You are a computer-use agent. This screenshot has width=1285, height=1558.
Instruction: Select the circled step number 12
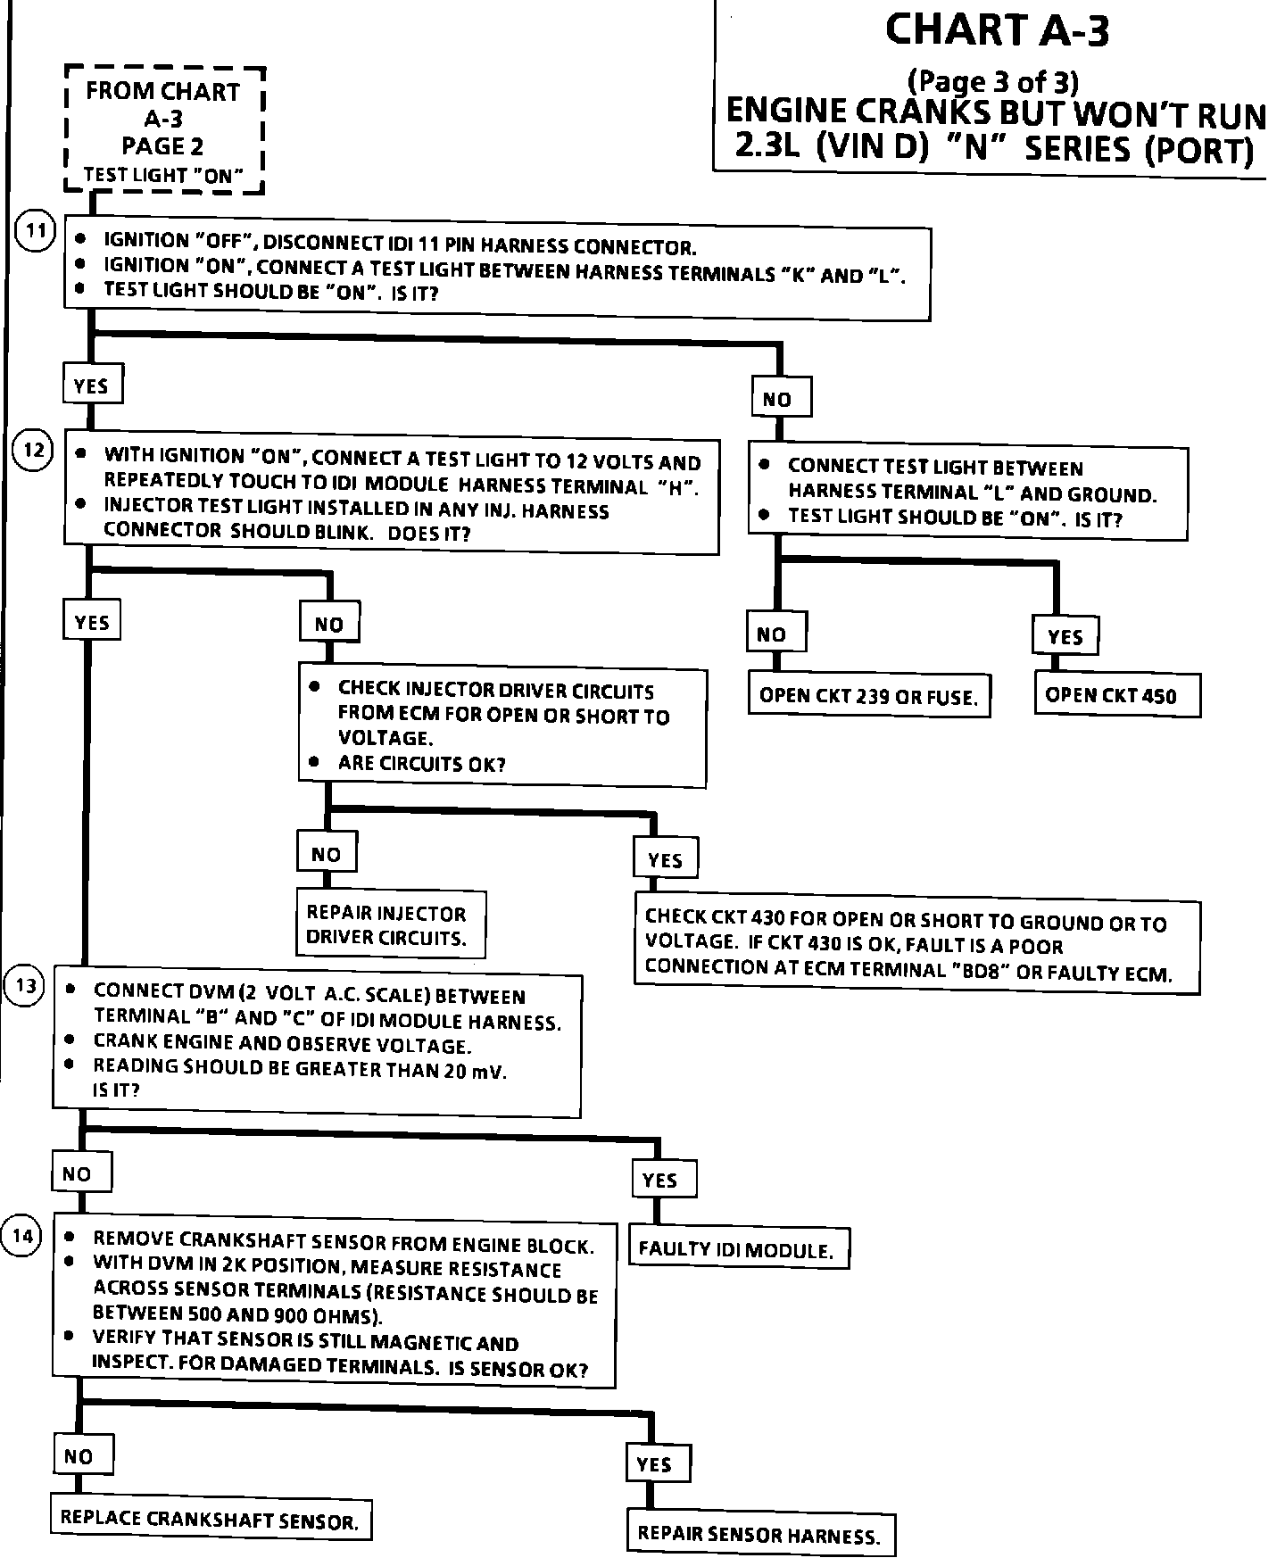click(x=34, y=450)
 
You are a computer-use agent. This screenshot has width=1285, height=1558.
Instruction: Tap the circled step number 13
click(x=24, y=986)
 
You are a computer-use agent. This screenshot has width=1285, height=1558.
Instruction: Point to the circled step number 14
click(x=23, y=1236)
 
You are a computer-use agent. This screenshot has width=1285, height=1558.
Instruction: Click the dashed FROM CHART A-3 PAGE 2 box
click(x=164, y=130)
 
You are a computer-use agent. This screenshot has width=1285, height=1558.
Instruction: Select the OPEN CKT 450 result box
click(x=1116, y=695)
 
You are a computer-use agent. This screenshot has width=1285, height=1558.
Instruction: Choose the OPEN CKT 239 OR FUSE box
click(x=868, y=696)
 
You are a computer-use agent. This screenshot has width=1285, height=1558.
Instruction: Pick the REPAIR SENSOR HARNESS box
click(x=759, y=1534)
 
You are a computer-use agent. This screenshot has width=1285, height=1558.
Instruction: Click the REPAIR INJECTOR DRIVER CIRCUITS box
click(x=391, y=924)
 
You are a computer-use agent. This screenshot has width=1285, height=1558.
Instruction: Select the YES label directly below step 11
click(x=91, y=385)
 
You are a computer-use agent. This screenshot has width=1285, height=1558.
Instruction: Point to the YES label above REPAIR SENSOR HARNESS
click(x=656, y=1464)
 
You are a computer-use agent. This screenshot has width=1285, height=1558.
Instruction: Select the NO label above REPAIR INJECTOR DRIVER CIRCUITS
click(x=327, y=854)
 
